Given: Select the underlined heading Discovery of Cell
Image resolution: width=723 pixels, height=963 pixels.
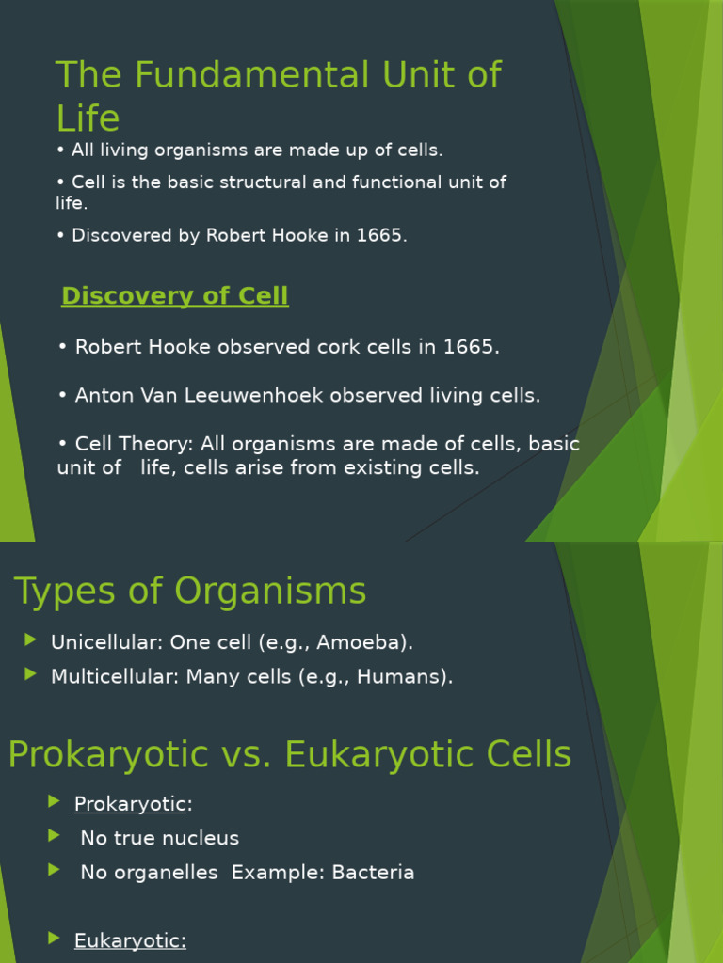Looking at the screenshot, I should [x=175, y=296].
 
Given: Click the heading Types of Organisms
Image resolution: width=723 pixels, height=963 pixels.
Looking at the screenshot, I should [x=190, y=592].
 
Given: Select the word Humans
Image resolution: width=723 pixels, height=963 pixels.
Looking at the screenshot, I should [x=405, y=676].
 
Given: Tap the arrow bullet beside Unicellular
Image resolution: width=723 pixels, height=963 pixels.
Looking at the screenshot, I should [x=31, y=640].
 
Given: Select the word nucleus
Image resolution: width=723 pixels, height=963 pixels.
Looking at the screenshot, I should [x=201, y=838].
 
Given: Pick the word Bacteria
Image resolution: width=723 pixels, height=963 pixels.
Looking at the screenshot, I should [x=373, y=873].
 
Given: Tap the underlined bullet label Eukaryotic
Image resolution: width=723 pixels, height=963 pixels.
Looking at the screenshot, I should [x=130, y=940].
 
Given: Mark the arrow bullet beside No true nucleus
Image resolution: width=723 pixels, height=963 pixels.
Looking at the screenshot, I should [x=54, y=836].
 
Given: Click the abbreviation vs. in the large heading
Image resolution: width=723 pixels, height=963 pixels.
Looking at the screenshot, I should [x=247, y=755].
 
